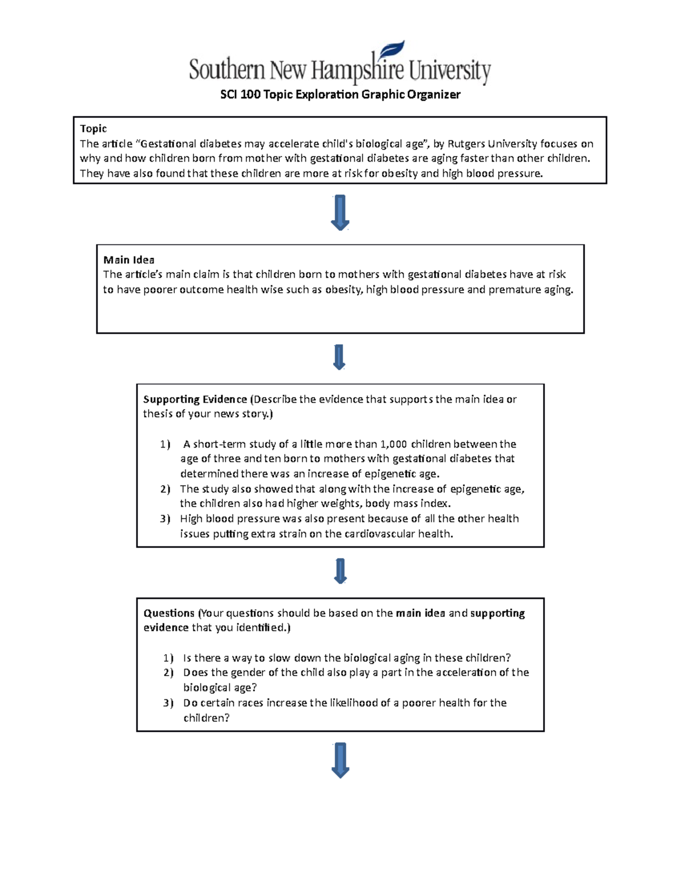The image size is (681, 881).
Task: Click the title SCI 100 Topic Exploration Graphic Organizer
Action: pyautogui.click(x=340, y=95)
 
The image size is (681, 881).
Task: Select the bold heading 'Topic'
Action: pyautogui.click(x=94, y=129)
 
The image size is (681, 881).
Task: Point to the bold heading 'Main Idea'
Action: pyautogui.click(x=129, y=260)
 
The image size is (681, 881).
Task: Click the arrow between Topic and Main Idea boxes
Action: pyautogui.click(x=340, y=212)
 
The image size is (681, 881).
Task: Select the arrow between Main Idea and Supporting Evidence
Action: pyautogui.click(x=339, y=357)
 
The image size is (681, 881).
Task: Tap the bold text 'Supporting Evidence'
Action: pyautogui.click(x=195, y=399)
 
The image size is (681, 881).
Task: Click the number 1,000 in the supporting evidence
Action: pyautogui.click(x=393, y=444)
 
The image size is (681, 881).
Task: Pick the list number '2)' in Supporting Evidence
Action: pyautogui.click(x=165, y=489)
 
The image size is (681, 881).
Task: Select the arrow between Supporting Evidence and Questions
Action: pyautogui.click(x=340, y=571)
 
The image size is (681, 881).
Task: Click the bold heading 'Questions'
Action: pyautogui.click(x=169, y=613)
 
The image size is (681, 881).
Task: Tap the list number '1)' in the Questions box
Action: pyautogui.click(x=168, y=658)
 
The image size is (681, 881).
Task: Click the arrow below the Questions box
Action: pyautogui.click(x=340, y=760)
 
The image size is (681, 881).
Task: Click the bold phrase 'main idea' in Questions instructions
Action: pyautogui.click(x=421, y=613)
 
